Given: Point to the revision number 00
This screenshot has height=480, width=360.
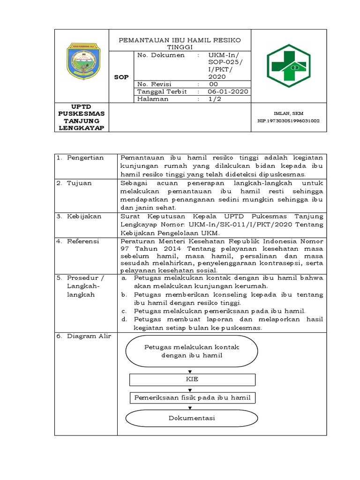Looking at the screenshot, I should click(x=213, y=84).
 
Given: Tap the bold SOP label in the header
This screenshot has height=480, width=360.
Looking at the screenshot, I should click(x=121, y=77).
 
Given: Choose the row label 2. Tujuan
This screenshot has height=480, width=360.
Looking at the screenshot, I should click(x=76, y=183).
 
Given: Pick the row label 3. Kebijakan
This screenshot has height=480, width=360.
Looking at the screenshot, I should click(x=80, y=216).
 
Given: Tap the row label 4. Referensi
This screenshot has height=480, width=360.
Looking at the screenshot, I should click(x=79, y=241).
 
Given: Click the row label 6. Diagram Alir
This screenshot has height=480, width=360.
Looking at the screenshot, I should click(x=83, y=336).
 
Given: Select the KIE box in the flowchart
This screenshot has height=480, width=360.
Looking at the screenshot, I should click(x=192, y=379).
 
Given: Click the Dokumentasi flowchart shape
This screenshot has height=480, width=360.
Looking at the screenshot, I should click(x=192, y=418).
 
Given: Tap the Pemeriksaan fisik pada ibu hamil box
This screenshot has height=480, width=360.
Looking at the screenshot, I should click(x=192, y=398).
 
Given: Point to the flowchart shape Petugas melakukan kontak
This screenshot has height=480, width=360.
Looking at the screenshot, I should click(x=192, y=351).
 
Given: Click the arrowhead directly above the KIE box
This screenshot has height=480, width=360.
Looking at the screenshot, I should click(x=190, y=371).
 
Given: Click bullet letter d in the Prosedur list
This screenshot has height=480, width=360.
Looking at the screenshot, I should click(x=124, y=319).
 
